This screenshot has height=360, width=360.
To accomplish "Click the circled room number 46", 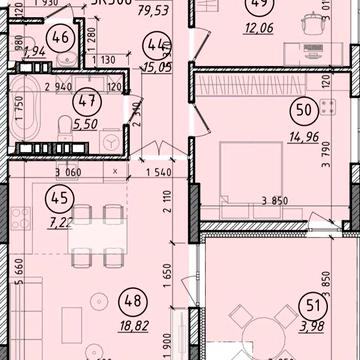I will pos(64,41).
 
